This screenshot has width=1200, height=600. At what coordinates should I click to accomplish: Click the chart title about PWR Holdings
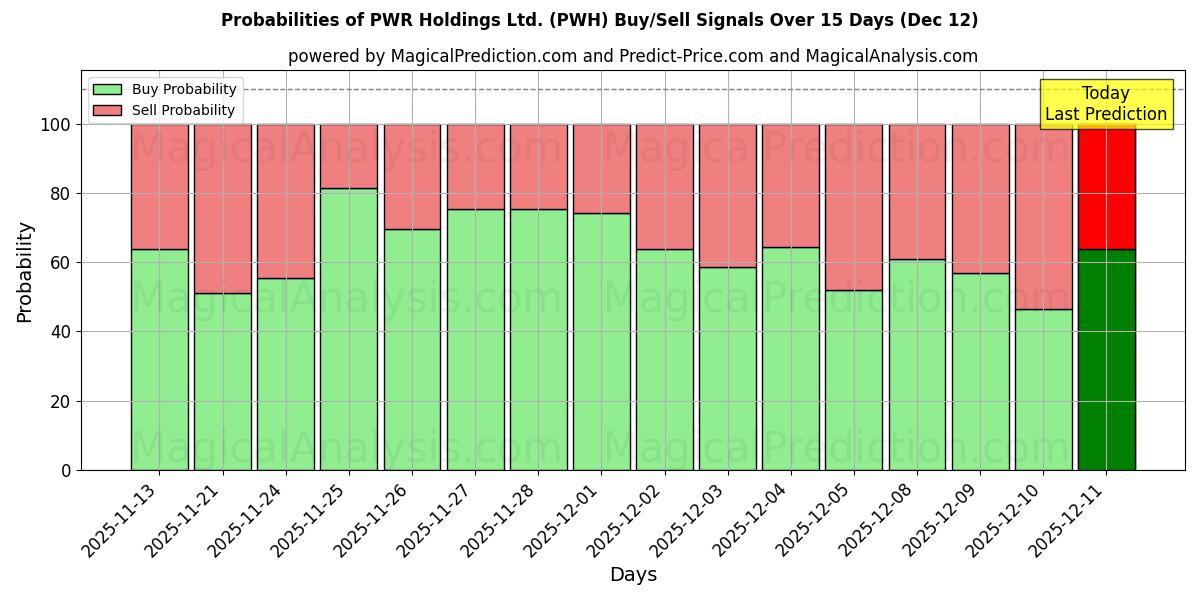pos(599,20)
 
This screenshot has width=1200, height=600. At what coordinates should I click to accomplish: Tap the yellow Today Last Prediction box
pos(1105,104)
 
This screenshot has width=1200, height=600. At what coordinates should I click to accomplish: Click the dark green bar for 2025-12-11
pos(1106,360)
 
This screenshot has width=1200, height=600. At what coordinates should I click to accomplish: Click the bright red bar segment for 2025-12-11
pos(1106,186)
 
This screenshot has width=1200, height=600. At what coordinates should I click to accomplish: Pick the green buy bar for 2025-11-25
pos(349,330)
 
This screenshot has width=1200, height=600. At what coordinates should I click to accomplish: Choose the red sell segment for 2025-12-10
pos(1043,216)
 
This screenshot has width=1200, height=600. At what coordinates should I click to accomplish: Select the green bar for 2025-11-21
pos(222,382)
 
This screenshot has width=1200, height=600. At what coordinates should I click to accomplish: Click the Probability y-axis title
pos(25,271)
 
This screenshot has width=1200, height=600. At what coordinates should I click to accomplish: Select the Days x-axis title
pos(633,575)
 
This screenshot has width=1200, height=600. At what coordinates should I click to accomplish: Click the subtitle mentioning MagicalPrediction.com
pos(632,56)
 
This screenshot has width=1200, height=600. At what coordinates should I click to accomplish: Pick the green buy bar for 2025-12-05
pos(853,380)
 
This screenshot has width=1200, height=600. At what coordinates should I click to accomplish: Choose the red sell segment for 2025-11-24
pos(286,201)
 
